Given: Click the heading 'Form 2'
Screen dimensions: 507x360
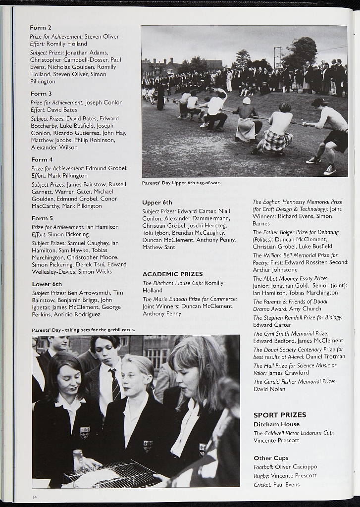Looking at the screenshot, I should (41, 28).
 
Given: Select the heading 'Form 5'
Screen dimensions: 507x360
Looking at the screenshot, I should (42, 218).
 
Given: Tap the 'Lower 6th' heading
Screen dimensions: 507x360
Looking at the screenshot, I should (47, 284).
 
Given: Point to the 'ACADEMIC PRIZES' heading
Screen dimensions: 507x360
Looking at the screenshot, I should (172, 274).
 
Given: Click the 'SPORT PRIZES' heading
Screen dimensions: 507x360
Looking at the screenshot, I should (280, 415).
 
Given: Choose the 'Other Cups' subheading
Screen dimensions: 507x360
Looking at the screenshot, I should (271, 458).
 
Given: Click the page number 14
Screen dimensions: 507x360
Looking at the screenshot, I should (34, 497).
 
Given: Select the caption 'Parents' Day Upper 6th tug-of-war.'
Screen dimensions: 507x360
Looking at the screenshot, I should (181, 183).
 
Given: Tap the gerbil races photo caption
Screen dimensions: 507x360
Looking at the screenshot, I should (83, 330).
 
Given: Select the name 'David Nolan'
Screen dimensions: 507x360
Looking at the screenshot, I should (269, 389).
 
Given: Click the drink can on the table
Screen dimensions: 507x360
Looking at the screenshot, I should (78, 459).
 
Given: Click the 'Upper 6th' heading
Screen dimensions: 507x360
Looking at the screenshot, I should (157, 203).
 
